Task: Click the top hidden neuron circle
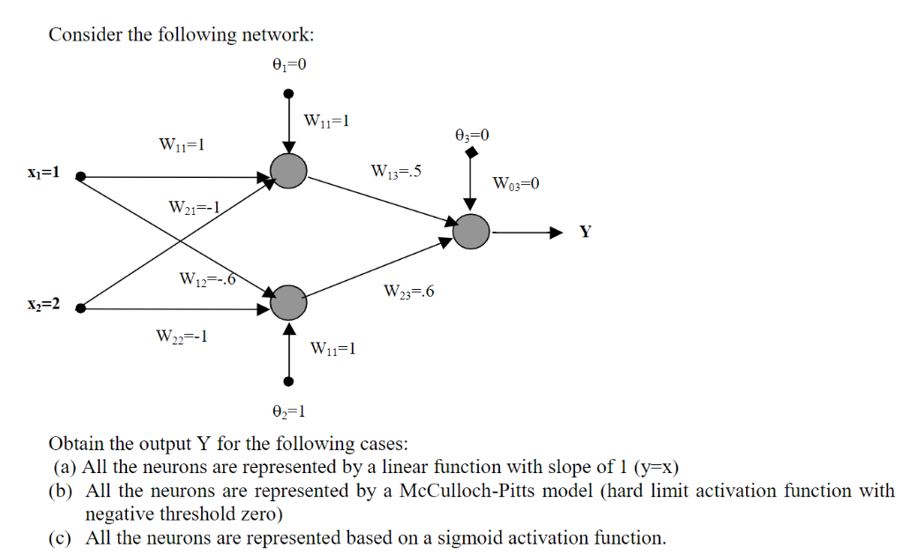click(x=289, y=170)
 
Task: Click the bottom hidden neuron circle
click(x=288, y=303)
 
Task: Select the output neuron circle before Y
click(x=472, y=232)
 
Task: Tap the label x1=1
click(x=42, y=173)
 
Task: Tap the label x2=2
click(x=42, y=304)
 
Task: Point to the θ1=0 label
click(x=289, y=64)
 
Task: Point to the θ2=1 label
click(x=289, y=411)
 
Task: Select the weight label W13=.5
click(x=396, y=171)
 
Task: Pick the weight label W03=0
click(x=515, y=184)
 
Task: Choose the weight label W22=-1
click(x=182, y=336)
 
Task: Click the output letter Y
click(x=586, y=233)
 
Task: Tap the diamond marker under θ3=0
click(x=471, y=153)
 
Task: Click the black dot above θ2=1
click(x=288, y=381)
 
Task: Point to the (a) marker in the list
click(x=66, y=467)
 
